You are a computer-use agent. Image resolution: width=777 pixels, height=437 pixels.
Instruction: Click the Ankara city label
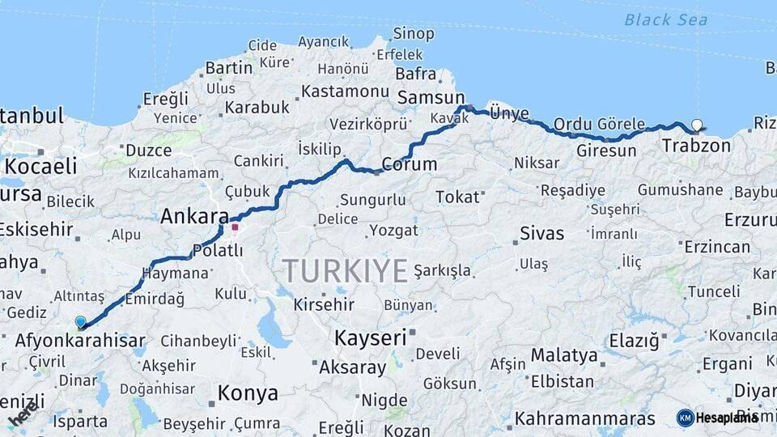point(194,216)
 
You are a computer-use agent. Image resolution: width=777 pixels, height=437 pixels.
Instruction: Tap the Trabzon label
point(696,146)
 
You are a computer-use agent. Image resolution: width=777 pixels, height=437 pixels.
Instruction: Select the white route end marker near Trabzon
point(697,125)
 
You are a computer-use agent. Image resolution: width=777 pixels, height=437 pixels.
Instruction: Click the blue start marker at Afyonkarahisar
point(80,322)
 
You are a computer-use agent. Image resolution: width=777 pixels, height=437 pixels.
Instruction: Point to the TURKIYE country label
point(345,271)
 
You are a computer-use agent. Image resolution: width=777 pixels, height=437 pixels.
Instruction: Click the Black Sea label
point(666,20)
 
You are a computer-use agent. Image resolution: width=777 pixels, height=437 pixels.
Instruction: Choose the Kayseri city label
point(370,337)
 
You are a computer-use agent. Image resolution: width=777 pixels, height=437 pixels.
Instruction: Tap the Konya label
point(248,394)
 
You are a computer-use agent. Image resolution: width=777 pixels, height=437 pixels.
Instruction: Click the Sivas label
point(541,234)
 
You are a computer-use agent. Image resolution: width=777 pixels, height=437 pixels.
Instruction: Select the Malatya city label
point(564,355)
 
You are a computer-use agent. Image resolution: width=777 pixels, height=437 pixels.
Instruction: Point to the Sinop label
point(414,34)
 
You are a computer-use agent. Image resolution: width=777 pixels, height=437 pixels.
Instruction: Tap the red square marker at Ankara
point(235,227)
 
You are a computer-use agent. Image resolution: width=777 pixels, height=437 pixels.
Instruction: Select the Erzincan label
point(716,247)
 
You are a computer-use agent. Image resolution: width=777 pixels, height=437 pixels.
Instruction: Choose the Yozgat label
point(393,231)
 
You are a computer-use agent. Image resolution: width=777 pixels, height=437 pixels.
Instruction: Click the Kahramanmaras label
point(585,418)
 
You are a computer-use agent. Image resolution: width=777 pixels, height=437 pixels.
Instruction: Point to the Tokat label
point(458,197)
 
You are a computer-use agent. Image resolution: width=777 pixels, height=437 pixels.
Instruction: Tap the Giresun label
point(606,151)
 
